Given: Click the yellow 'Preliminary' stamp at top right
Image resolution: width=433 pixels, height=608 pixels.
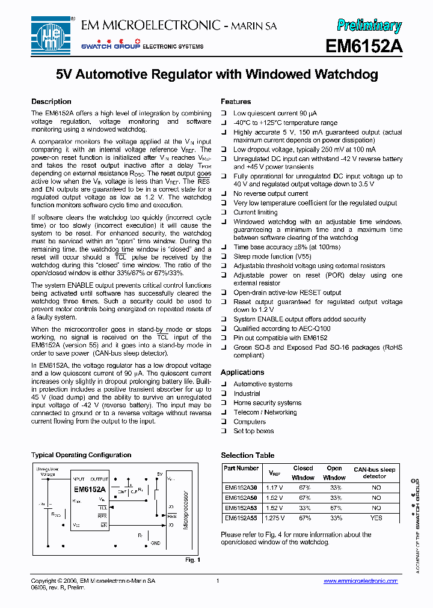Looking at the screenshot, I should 369,25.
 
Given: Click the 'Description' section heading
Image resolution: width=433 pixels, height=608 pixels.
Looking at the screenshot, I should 51,102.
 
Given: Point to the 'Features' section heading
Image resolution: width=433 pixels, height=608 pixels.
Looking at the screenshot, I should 236,102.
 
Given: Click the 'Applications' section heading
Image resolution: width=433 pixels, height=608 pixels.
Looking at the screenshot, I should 242,372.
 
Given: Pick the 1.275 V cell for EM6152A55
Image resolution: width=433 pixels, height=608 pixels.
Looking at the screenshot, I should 274,518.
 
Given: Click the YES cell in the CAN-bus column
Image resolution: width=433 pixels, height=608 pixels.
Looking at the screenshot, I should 376,518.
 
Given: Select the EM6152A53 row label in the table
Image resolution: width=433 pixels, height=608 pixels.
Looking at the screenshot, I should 241,508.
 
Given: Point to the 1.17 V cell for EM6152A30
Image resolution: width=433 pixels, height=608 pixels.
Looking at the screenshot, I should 274,488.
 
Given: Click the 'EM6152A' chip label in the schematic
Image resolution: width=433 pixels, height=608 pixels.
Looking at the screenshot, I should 90,489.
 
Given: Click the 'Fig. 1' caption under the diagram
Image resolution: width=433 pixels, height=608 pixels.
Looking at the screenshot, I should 192,560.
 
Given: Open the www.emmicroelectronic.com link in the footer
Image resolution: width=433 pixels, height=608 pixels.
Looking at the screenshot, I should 360,581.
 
